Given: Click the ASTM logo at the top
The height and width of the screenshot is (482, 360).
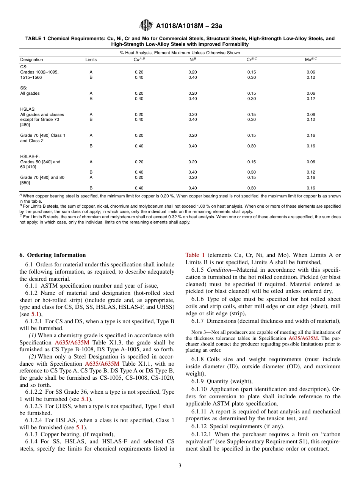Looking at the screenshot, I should point(146,25).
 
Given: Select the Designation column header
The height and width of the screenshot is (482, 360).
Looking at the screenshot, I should point(31,59).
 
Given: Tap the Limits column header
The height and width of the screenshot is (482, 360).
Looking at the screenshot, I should point(91,59).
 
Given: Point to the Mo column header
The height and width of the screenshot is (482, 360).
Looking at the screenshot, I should point(311,59).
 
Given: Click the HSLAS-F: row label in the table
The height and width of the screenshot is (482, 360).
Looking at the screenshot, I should point(30,156).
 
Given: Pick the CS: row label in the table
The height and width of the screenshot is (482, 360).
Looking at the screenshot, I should point(23,67).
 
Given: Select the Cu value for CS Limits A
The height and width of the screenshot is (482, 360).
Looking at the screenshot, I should point(139,72).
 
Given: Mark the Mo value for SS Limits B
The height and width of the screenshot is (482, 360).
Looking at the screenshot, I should point(311,99).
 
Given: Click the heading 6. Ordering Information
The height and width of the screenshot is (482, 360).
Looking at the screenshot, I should point(53,255).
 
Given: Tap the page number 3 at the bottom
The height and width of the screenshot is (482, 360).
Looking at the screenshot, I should point(180,466).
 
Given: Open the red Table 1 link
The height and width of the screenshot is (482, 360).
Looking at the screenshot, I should point(195,255).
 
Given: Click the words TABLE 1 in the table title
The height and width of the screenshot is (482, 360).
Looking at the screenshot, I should point(35,39).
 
